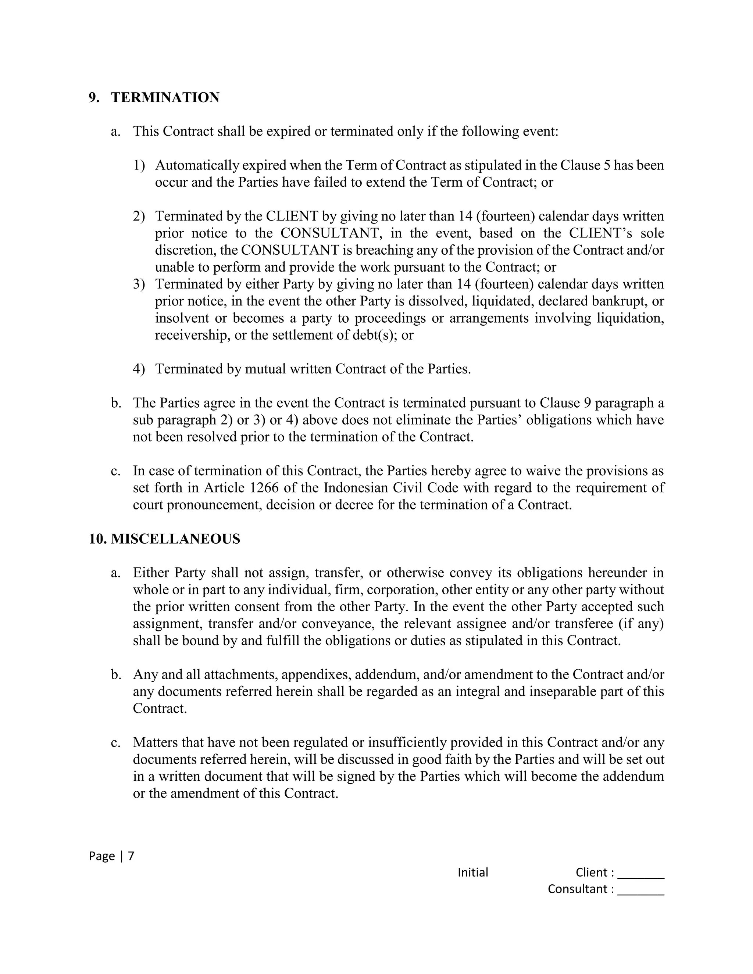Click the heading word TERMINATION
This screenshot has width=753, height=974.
pos(165,98)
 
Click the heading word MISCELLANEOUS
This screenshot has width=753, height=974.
pos(175,539)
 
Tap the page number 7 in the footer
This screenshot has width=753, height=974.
pos(131,856)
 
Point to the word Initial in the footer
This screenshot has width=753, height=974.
pos(473,872)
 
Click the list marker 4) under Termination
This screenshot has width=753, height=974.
pos(139,369)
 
